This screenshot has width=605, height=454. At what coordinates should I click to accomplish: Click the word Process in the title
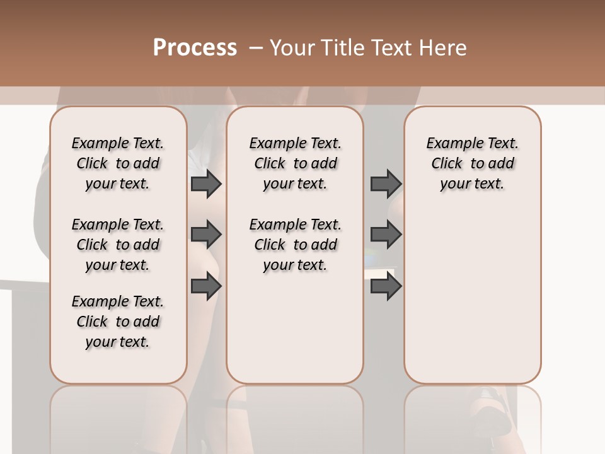(x=195, y=48)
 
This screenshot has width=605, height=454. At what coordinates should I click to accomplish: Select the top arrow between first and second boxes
(x=206, y=184)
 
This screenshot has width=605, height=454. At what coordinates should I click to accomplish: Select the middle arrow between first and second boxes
(x=206, y=235)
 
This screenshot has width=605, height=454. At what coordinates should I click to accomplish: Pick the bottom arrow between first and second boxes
(x=206, y=286)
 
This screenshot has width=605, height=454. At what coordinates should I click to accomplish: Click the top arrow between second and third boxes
(x=386, y=184)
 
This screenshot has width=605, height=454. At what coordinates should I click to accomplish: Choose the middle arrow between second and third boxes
(x=386, y=235)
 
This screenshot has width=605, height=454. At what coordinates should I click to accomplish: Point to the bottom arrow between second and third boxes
(x=386, y=286)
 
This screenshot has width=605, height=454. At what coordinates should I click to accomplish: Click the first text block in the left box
(x=118, y=163)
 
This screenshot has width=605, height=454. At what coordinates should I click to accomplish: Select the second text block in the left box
(x=118, y=245)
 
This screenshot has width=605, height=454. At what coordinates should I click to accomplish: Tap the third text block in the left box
(x=118, y=322)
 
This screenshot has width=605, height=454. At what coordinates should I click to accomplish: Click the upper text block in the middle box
(x=295, y=163)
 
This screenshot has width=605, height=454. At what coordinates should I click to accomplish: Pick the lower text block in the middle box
(x=295, y=245)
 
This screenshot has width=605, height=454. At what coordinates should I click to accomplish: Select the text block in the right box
(x=472, y=163)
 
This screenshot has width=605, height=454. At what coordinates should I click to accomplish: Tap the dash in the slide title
(x=255, y=48)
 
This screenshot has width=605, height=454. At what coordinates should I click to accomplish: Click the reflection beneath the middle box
(x=295, y=416)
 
